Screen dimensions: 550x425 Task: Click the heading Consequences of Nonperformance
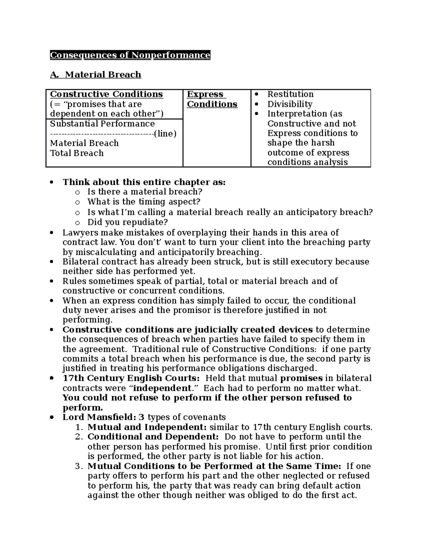pyautogui.click(x=130, y=55)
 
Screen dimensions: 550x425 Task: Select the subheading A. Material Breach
pyautogui.click(x=96, y=75)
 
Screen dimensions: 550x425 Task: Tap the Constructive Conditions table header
pyautogui.click(x=106, y=94)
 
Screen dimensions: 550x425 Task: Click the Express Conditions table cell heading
pyautogui.click(x=212, y=99)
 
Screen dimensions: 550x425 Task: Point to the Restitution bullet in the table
pyautogui.click(x=290, y=94)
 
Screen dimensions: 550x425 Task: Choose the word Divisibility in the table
pyautogui.click(x=290, y=104)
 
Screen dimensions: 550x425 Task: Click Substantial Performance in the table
pyautogui.click(x=102, y=124)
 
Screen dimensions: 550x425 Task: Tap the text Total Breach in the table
pyautogui.click(x=77, y=153)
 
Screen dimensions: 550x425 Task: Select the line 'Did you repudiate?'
pyautogui.click(x=127, y=222)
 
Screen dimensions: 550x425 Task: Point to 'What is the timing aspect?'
pyautogui.click(x=144, y=202)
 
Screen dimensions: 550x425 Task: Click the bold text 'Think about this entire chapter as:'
pyautogui.click(x=144, y=182)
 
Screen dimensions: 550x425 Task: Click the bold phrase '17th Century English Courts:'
pyautogui.click(x=131, y=378)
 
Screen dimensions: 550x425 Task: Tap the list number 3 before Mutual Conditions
pyautogui.click(x=78, y=466)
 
